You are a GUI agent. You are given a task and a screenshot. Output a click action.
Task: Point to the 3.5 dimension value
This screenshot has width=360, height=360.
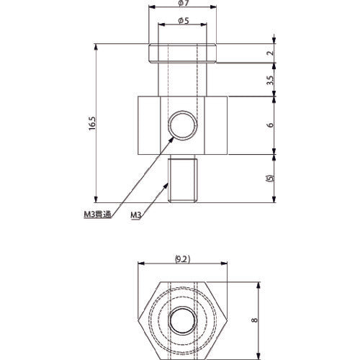[x=269, y=81]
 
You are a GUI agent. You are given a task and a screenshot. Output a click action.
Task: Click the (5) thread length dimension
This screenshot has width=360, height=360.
[x=269, y=178]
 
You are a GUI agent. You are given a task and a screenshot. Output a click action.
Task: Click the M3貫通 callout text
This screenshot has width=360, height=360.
[x=95, y=214]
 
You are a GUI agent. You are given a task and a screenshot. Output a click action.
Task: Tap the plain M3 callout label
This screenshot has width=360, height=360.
[x=136, y=214]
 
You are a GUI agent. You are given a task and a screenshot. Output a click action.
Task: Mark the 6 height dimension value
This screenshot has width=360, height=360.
[x=269, y=125]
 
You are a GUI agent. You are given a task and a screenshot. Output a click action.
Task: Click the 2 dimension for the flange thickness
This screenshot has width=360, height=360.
[x=269, y=53]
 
